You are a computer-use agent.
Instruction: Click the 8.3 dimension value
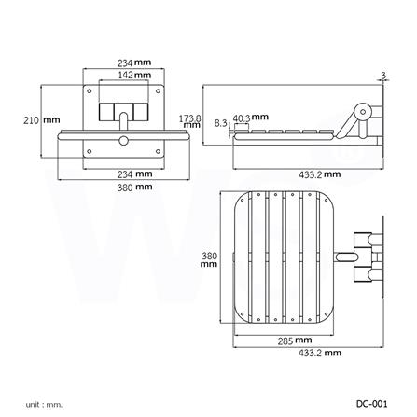(x=220, y=122)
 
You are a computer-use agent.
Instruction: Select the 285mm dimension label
(x=295, y=340)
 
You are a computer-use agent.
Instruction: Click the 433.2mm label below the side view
(x=319, y=174)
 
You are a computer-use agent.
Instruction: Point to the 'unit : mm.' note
(x=44, y=405)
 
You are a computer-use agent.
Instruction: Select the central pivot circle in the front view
(x=123, y=141)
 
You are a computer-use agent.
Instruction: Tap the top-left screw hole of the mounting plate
(x=90, y=92)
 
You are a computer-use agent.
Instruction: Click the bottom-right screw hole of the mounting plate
(x=157, y=149)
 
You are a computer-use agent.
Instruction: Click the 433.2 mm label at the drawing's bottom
(x=319, y=353)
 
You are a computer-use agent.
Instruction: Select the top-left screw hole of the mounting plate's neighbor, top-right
(x=157, y=92)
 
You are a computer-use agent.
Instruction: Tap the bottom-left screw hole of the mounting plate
(x=90, y=149)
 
